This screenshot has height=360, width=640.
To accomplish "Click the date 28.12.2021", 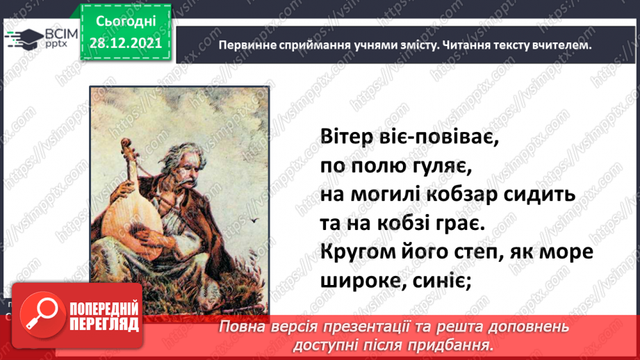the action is (x=126, y=43).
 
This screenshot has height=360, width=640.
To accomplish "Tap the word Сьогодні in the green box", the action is (x=126, y=22).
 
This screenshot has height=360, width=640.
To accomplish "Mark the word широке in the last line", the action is (x=360, y=281).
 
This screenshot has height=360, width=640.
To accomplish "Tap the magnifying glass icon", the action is (x=42, y=315).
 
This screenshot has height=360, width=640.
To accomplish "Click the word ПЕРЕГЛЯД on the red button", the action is (x=104, y=325).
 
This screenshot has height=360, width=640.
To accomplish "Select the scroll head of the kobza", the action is (x=126, y=145).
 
